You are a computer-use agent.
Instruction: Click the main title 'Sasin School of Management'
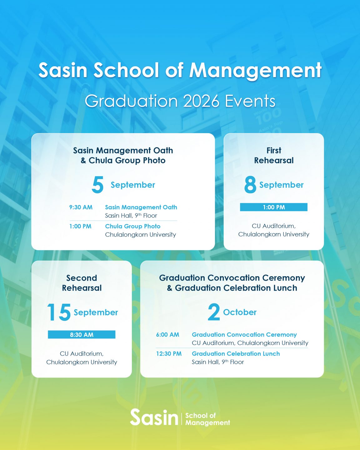(180, 70)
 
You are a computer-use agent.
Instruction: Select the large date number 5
(98, 185)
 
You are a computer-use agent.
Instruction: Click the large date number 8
(250, 185)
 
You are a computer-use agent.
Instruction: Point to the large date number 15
(59, 312)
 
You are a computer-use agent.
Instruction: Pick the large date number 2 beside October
(214, 312)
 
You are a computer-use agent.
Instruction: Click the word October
(240, 312)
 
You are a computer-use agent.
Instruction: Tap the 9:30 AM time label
(81, 207)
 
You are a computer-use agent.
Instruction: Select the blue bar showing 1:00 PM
(274, 207)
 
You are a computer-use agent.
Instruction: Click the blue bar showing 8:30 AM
(82, 335)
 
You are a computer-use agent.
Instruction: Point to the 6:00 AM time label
(167, 335)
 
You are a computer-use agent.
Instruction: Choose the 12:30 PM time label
(169, 354)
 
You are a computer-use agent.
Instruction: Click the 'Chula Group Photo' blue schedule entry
(132, 226)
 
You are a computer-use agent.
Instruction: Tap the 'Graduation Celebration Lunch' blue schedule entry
(236, 354)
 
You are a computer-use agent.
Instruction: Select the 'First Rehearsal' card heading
(274, 155)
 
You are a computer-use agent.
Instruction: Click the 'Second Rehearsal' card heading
(82, 283)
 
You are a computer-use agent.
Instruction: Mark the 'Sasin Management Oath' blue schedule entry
(141, 207)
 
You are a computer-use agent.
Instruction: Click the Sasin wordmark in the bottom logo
(154, 417)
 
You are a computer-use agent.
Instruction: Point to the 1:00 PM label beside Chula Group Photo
(80, 226)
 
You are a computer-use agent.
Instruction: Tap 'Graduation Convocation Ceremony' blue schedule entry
(244, 335)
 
